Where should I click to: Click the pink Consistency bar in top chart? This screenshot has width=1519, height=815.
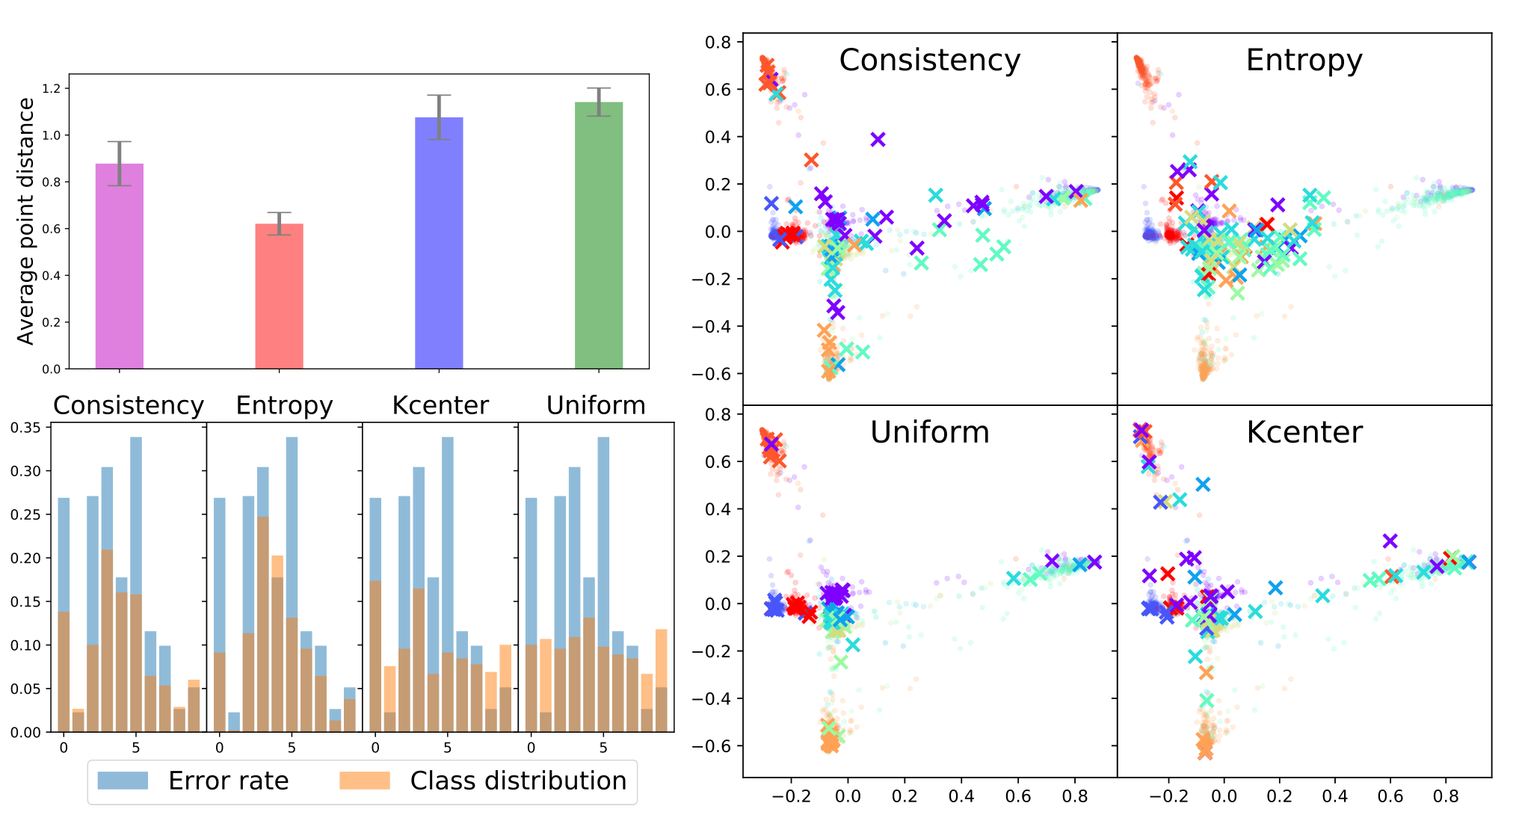(120, 266)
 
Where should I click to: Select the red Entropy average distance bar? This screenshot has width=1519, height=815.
(279, 296)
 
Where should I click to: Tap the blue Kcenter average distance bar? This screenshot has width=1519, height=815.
(439, 243)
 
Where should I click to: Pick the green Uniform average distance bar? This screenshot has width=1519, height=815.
(599, 236)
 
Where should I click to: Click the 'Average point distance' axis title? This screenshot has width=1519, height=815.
(26, 221)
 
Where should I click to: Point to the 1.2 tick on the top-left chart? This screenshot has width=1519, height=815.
(51, 89)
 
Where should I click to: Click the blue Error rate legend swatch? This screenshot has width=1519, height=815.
(123, 781)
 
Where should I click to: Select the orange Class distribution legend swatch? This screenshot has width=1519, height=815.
(365, 781)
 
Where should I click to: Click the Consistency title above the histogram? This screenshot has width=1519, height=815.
(129, 405)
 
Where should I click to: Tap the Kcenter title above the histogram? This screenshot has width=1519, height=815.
(440, 405)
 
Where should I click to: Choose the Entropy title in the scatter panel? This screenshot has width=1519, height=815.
(1304, 61)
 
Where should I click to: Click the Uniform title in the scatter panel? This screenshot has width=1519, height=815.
(930, 432)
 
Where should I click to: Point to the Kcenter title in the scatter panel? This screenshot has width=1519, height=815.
(1304, 432)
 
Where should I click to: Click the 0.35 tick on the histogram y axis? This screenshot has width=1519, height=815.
(25, 428)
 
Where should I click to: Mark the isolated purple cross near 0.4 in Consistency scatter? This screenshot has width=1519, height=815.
(878, 139)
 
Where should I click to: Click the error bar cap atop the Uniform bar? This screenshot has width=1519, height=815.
(599, 88)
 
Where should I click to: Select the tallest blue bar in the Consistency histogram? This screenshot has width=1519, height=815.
(136, 585)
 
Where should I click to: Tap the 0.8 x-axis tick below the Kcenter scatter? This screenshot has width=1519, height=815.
(1446, 796)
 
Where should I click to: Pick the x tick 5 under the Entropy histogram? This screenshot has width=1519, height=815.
(292, 748)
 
